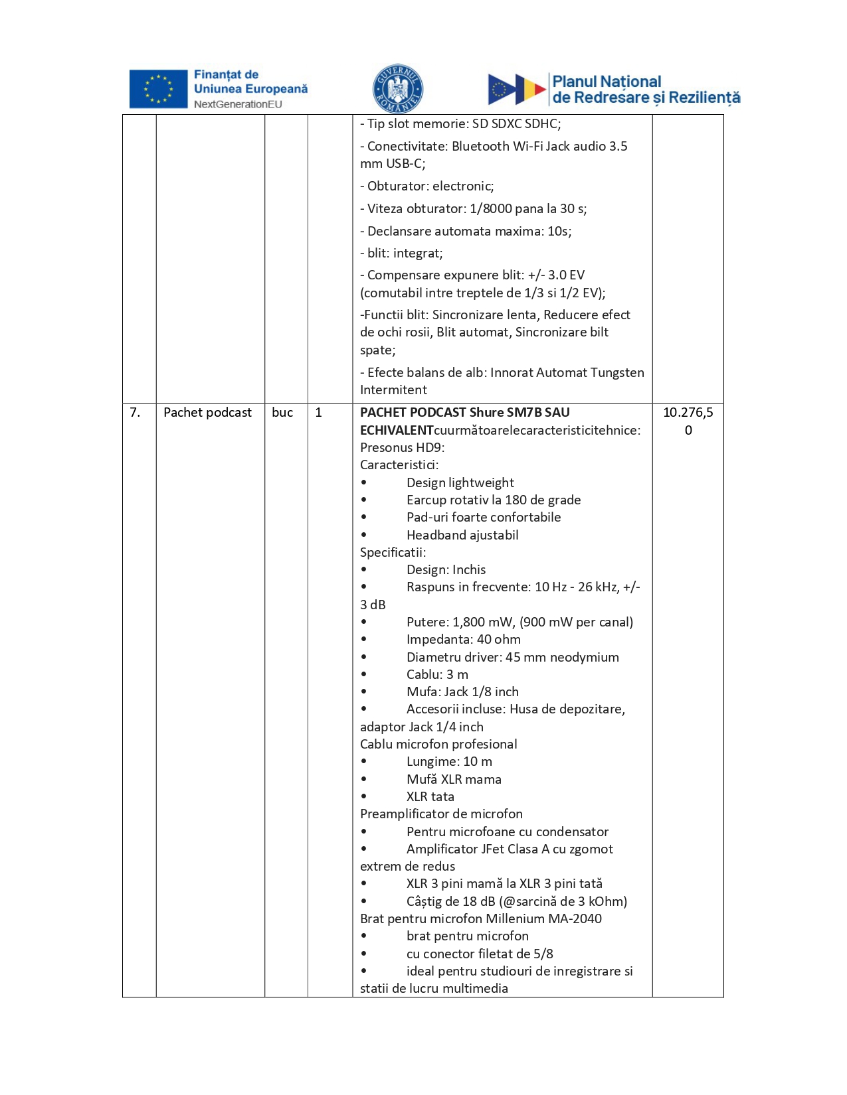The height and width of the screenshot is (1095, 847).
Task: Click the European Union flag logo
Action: [x=158, y=89]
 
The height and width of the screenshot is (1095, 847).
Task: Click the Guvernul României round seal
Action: [x=397, y=89]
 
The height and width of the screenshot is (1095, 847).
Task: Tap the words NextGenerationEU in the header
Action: [x=238, y=104]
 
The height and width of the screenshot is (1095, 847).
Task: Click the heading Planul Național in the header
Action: [x=607, y=82]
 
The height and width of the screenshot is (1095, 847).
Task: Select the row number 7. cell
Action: [x=136, y=413]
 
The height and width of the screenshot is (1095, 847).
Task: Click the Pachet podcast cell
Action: [x=207, y=413]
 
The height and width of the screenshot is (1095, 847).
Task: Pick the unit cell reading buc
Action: [x=282, y=413]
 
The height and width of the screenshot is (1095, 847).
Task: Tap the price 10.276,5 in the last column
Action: [x=688, y=413]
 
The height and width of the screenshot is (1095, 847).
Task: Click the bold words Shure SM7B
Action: [x=506, y=413]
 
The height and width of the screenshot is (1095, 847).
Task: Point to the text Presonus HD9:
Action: [x=402, y=447]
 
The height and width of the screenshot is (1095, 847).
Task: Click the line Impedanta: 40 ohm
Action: [x=463, y=640]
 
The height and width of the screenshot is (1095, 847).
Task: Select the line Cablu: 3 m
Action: [x=437, y=675]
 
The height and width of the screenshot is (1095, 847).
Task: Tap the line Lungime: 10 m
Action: [x=449, y=762]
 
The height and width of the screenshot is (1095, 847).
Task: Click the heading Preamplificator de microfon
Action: [x=441, y=814]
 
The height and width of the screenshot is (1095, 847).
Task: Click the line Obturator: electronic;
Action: [x=427, y=186]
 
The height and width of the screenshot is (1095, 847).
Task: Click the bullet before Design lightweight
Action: [x=364, y=483]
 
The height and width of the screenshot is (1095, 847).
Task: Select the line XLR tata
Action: [x=430, y=797]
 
